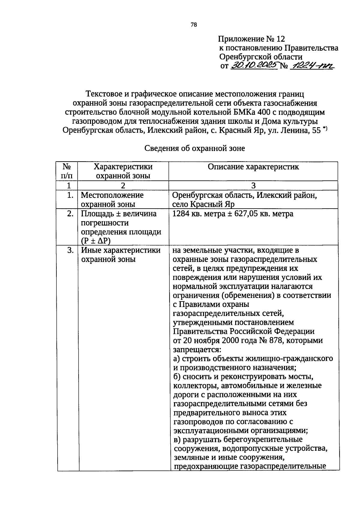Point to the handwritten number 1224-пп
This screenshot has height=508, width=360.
312,66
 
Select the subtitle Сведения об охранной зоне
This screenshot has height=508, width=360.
195,148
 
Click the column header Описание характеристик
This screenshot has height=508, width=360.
253,167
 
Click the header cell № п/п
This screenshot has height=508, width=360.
67,171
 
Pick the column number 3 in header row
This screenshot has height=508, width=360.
253,185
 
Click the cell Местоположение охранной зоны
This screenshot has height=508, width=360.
112,200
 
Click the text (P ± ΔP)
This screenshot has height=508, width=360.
96,241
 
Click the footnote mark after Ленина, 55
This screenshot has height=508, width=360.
325,129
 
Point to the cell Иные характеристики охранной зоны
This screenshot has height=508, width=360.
121,254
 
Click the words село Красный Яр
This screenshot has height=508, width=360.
203,204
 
